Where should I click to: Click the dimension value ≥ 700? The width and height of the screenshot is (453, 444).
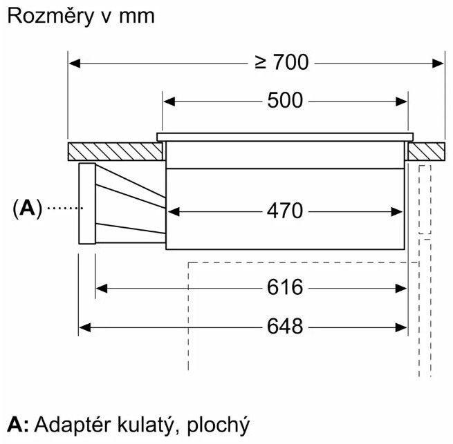[281, 63]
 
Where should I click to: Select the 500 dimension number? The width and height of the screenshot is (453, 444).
[285, 101]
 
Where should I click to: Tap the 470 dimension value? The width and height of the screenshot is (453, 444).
[285, 211]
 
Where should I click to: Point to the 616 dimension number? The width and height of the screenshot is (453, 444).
[285, 287]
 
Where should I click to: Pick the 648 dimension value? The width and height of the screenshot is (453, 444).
[285, 325]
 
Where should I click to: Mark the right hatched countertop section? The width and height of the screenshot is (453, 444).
[425, 150]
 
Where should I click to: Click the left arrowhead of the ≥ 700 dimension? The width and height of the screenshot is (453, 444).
[74, 63]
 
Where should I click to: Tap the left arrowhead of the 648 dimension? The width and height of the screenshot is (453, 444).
[84, 325]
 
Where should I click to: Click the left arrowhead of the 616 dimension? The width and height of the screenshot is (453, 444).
[100, 287]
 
